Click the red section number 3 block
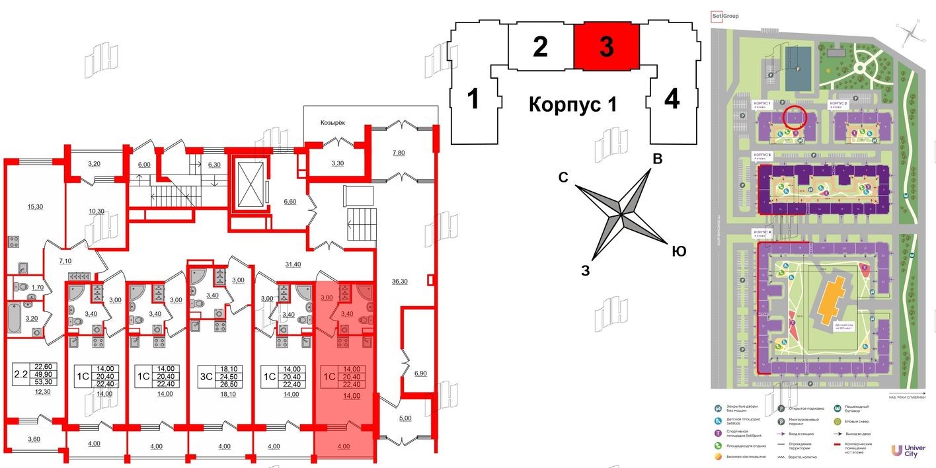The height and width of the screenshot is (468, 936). tap(606, 47)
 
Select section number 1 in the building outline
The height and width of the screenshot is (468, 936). tap(473, 100)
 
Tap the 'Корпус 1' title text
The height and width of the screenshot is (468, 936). tap(572, 104)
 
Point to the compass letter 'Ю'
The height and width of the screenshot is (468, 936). tap(678, 251)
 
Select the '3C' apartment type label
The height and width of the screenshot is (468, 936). tap(206, 377)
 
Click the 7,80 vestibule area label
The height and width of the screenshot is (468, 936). tap(399, 153)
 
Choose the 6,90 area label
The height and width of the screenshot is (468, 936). tap(420, 373)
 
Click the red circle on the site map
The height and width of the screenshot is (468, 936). tap(795, 116)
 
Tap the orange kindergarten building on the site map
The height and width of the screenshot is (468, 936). tap(832, 301)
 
